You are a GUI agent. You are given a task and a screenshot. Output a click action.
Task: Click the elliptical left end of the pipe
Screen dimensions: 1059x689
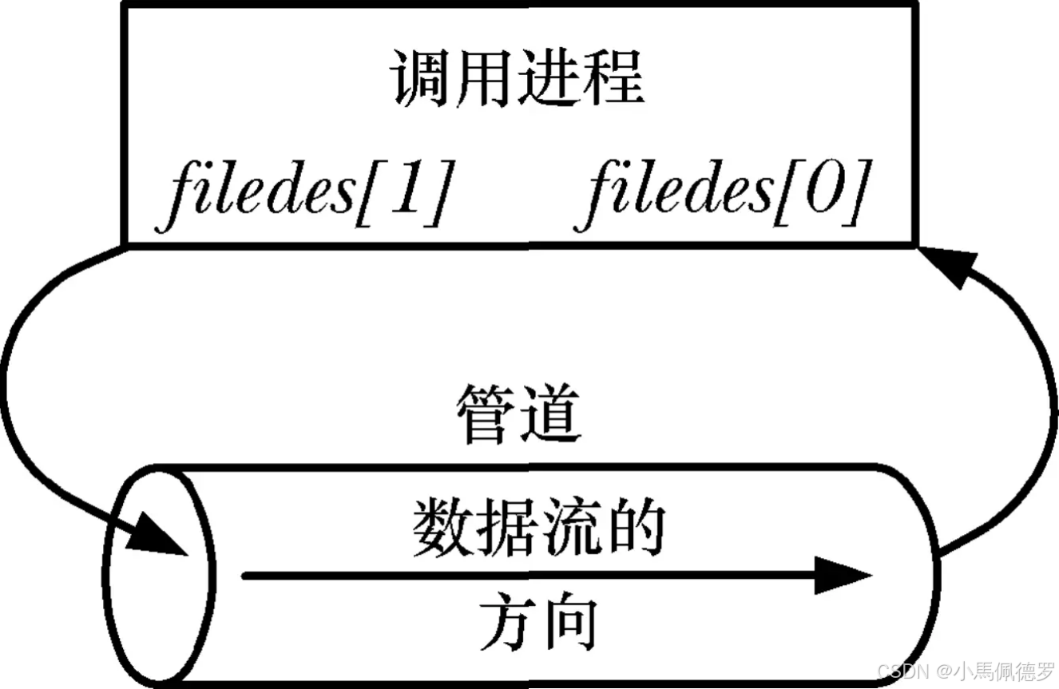click(159, 575)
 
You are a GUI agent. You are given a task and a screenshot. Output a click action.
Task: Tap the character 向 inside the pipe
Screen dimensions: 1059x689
click(570, 625)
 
